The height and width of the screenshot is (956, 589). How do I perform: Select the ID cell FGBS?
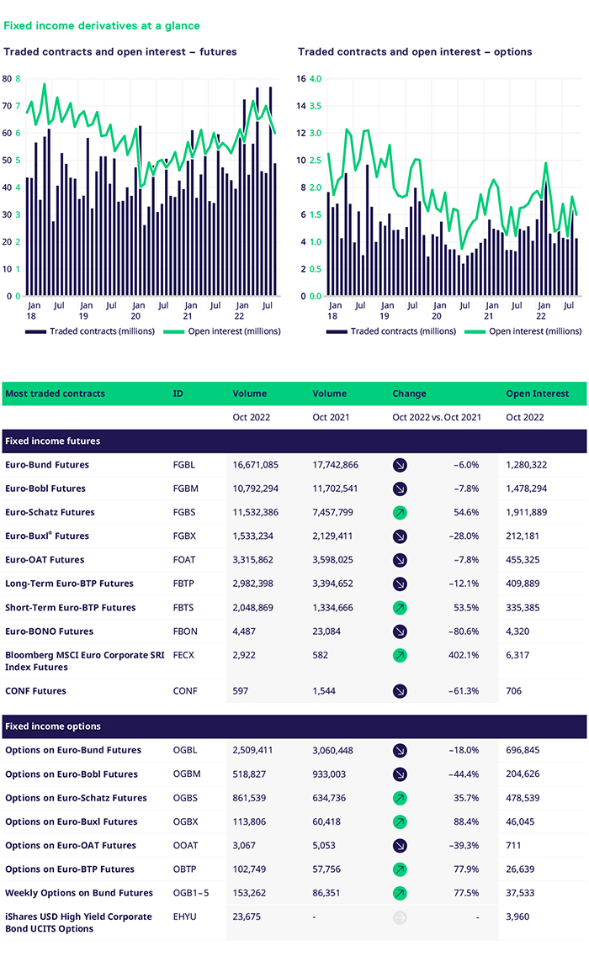[184, 512]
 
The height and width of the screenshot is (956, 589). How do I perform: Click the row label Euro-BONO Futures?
[49, 631]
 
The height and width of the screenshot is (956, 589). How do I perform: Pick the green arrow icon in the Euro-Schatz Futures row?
[400, 512]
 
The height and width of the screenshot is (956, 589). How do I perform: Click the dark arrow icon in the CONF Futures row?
[400, 691]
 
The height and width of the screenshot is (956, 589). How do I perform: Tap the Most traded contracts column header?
[55, 393]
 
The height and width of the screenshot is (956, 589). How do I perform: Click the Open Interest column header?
[537, 393]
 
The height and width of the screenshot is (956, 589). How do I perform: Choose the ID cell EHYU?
[184, 916]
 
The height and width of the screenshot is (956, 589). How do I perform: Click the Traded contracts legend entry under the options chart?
[395, 331]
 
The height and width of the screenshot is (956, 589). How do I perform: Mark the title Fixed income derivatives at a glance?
[102, 26]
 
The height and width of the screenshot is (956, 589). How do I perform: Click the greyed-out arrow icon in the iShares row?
[400, 916]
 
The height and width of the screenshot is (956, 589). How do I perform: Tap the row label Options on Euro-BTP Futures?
[70, 869]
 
